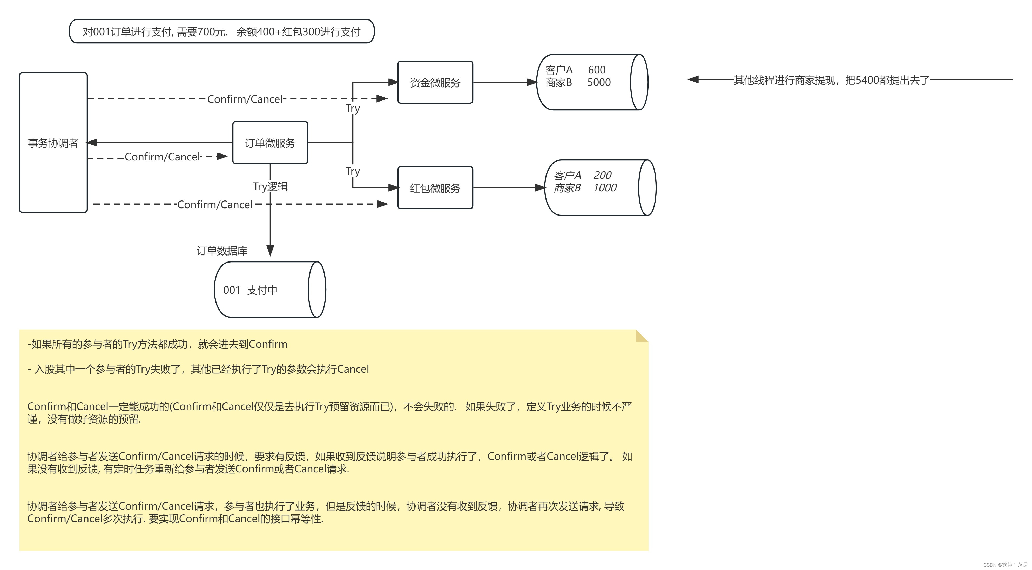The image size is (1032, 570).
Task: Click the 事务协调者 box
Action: (53, 143)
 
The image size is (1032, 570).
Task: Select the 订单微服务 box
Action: (270, 143)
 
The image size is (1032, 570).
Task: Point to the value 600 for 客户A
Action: (597, 70)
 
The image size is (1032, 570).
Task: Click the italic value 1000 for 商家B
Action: (605, 187)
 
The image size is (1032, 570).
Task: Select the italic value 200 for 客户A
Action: (602, 175)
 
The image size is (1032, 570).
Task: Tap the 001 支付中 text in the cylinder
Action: (250, 290)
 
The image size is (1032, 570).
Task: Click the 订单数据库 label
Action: (222, 251)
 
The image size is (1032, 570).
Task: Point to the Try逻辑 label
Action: (270, 186)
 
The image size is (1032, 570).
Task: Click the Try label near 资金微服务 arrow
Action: (353, 109)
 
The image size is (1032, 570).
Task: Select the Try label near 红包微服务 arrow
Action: (353, 171)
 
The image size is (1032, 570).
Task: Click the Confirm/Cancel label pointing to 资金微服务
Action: (245, 99)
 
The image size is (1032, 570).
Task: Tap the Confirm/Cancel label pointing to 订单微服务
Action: (162, 157)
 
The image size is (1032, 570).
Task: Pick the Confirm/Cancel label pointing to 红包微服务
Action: (215, 204)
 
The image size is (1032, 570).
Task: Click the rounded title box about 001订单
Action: (221, 31)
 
